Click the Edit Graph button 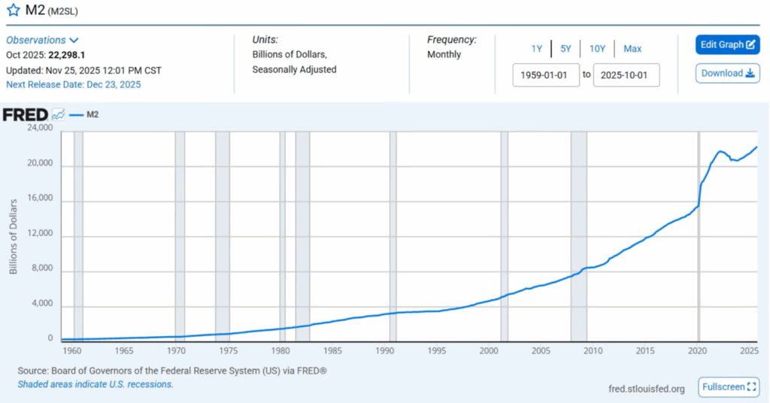pyautogui.click(x=727, y=44)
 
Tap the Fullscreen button pyautogui.click(x=728, y=386)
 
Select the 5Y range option pyautogui.click(x=565, y=49)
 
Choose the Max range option pyautogui.click(x=632, y=49)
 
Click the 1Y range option pyautogui.click(x=537, y=49)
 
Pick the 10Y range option pyautogui.click(x=597, y=49)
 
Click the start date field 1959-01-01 pyautogui.click(x=547, y=74)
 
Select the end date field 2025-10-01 pyautogui.click(x=626, y=74)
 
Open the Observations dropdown pyautogui.click(x=43, y=40)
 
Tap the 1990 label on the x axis pyautogui.click(x=385, y=350)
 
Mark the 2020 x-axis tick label pyautogui.click(x=698, y=350)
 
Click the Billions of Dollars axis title pyautogui.click(x=14, y=236)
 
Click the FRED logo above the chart pyautogui.click(x=26, y=115)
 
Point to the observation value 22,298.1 pyautogui.click(x=68, y=55)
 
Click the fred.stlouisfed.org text pyautogui.click(x=646, y=389)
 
